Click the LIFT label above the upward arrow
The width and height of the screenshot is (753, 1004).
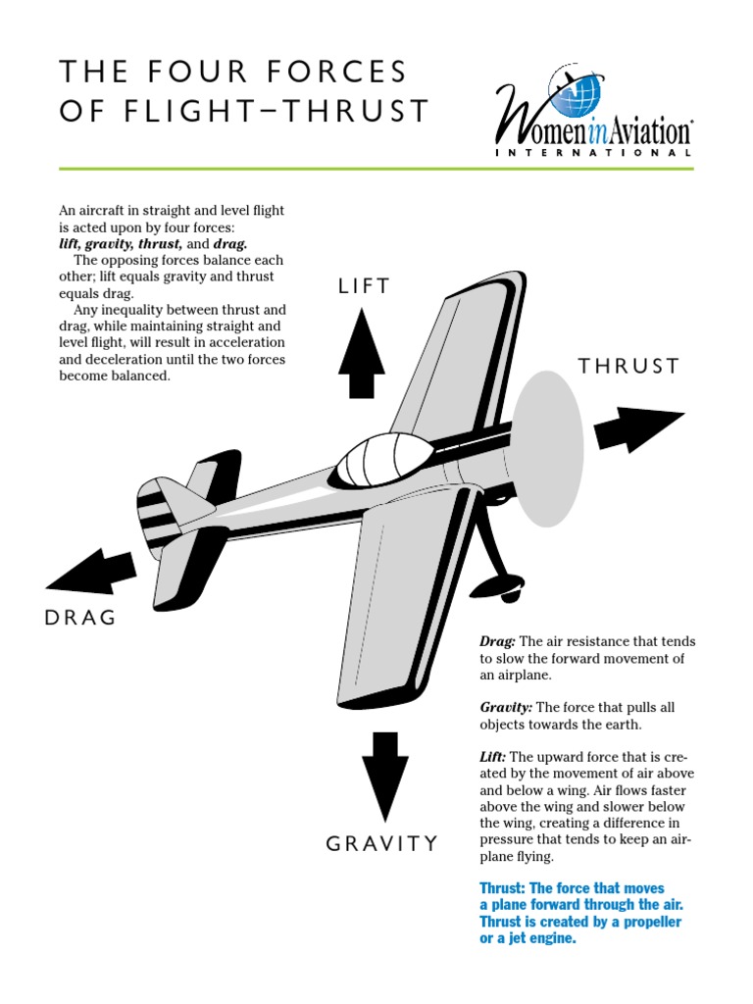pos(364,286)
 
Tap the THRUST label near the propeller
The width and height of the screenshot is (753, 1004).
pos(628,367)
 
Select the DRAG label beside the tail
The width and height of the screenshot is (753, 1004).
pos(80,618)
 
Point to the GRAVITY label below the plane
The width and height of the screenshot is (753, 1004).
pos(381,843)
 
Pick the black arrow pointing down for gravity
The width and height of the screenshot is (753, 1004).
pos(384,775)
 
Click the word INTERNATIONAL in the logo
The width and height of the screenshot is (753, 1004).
pos(593,153)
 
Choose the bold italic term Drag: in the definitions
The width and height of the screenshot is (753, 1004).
pos(497,641)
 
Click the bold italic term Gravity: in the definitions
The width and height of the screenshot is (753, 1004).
pos(506,707)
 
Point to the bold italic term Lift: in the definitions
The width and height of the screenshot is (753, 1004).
pos(493,757)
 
